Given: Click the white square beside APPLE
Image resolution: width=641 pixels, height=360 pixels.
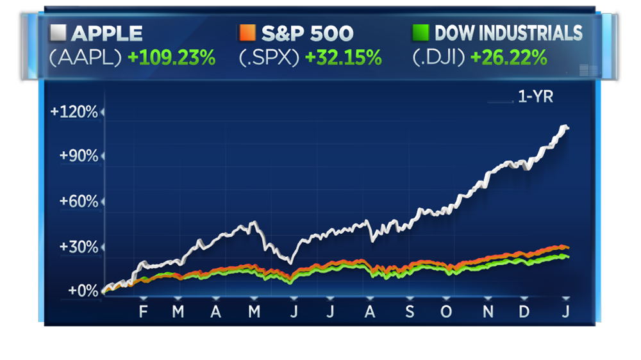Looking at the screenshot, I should point(58,32).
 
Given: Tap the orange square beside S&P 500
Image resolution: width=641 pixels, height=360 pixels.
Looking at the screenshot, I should point(246,32).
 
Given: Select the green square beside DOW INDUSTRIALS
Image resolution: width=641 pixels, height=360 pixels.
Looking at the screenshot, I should point(419,32).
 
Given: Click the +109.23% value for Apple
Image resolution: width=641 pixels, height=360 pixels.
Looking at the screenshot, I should point(171,57).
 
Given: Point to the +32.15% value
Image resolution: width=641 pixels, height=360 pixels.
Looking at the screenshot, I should point(344,57).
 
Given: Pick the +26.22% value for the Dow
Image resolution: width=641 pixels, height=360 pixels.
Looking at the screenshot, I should point(509,57).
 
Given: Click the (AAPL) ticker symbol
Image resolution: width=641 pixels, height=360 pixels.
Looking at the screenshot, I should point(85,57).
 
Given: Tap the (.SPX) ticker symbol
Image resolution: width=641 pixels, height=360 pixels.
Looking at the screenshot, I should point(269,57).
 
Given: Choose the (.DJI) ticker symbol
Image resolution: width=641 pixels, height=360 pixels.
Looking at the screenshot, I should point(439,57).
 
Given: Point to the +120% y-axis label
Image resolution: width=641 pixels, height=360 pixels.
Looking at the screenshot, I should point(74,113).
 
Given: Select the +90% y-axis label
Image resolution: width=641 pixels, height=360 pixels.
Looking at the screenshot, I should point(78,157).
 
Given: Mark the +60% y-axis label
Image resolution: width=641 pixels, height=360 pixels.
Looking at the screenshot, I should point(78,202).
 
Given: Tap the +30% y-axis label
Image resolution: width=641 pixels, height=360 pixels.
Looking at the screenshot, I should point(78,247).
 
